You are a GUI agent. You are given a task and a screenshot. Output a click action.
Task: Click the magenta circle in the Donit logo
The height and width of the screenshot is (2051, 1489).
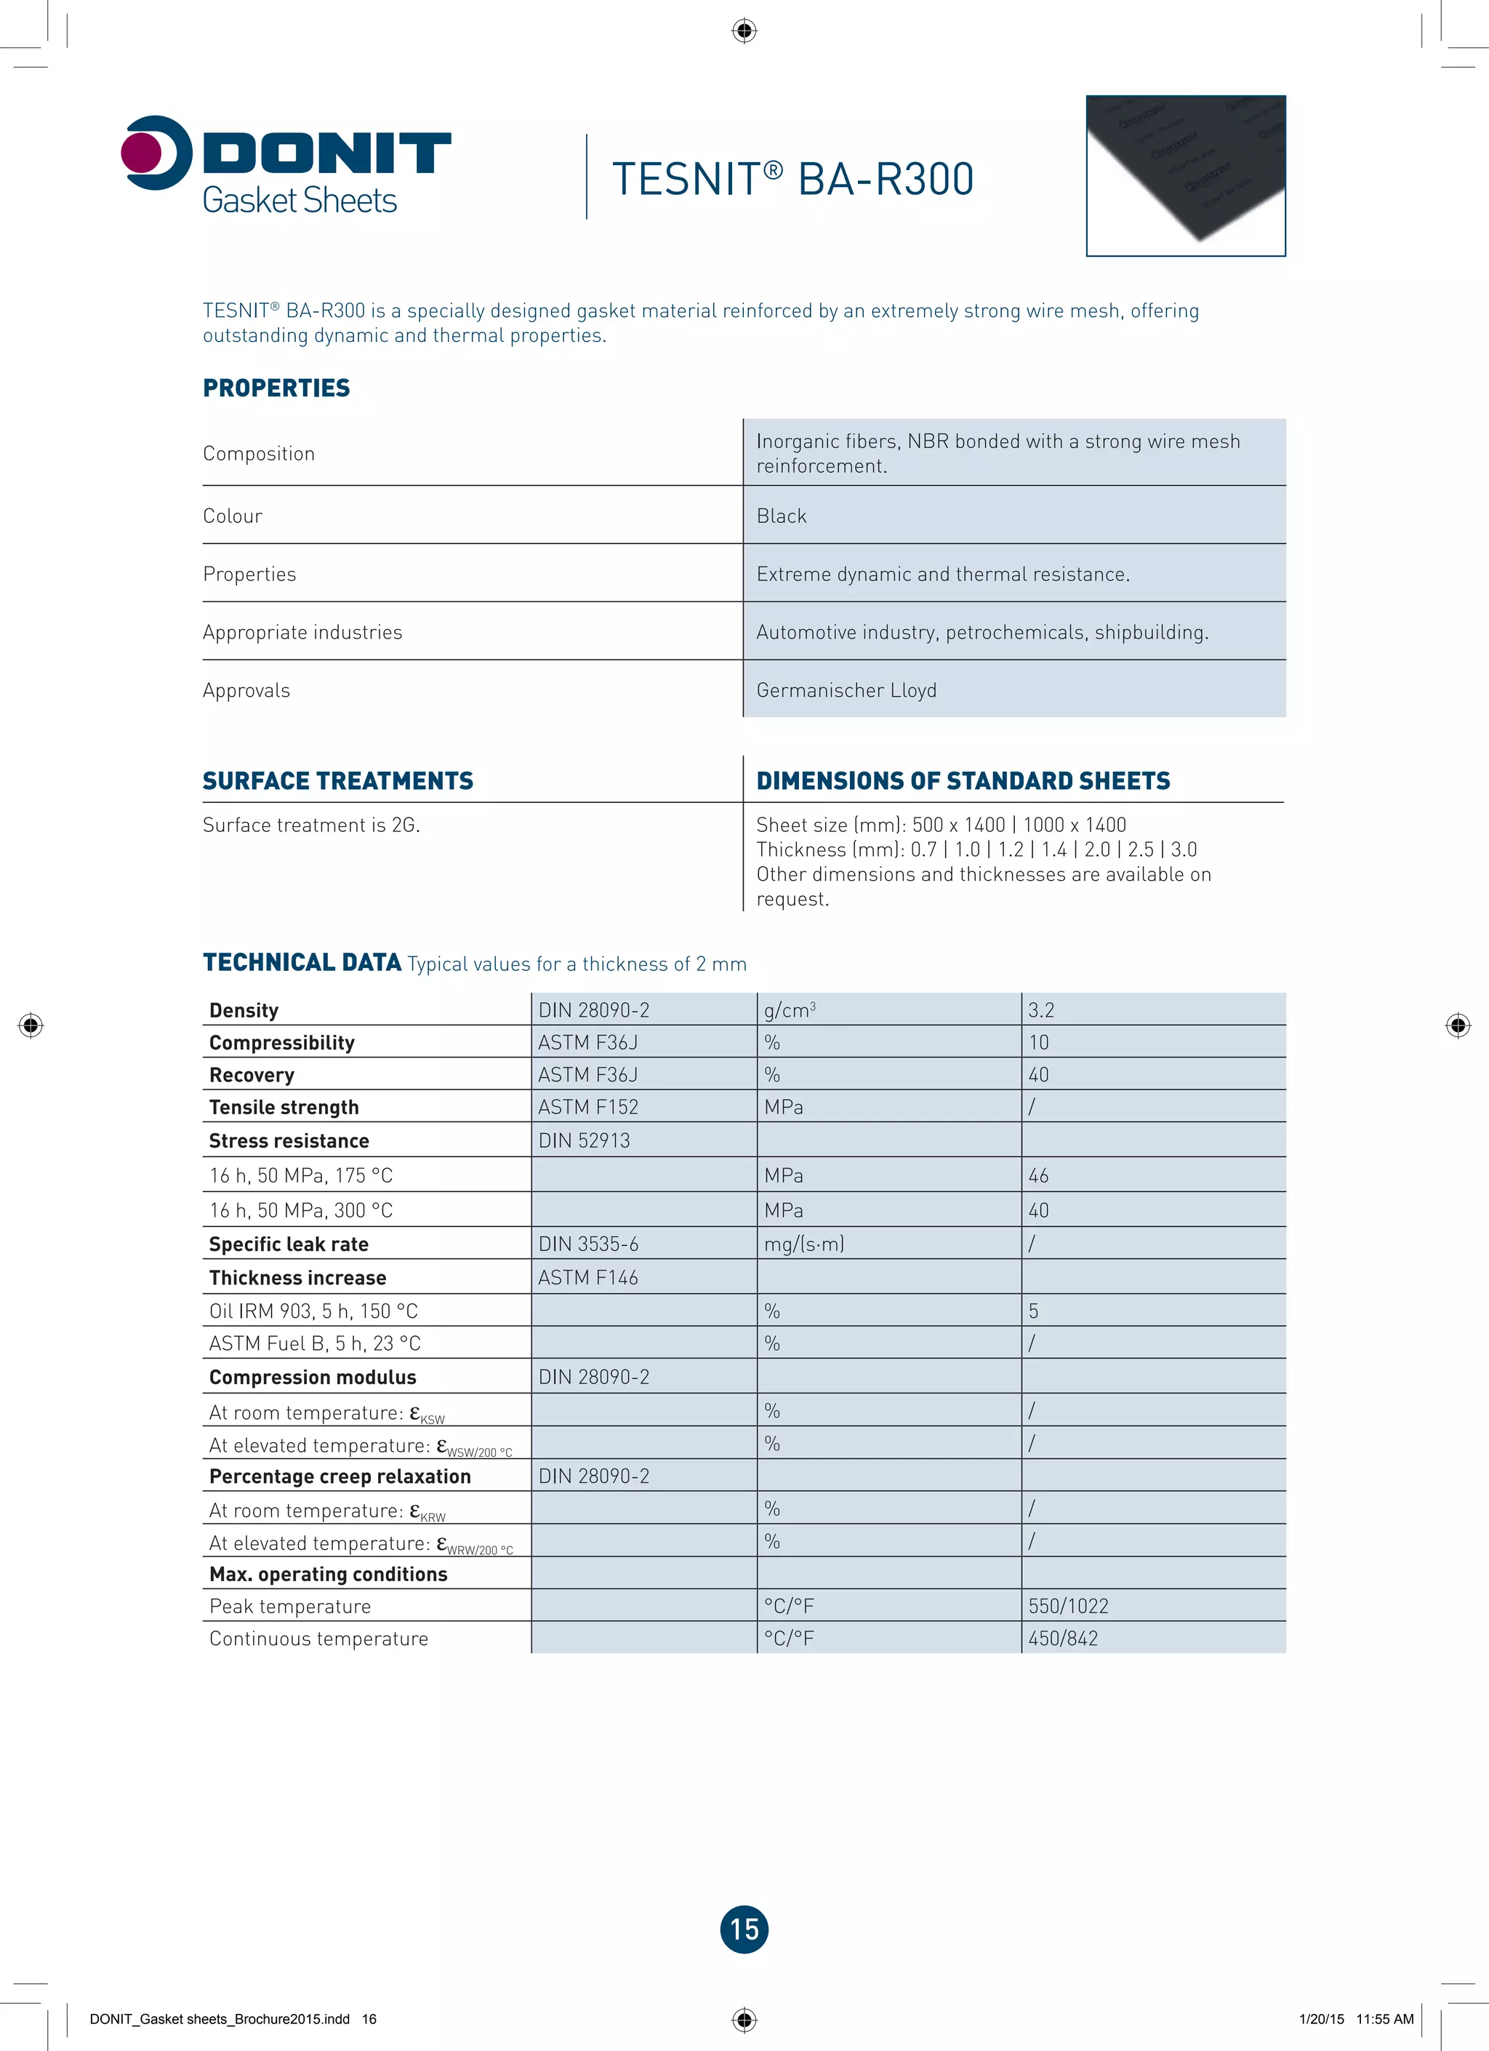point(141,152)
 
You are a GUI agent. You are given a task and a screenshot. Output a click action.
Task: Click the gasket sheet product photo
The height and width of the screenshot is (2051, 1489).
point(1185,175)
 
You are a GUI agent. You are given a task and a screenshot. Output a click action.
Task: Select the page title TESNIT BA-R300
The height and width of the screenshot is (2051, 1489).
point(793,179)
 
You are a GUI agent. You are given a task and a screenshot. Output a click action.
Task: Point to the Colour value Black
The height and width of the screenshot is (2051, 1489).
point(781,516)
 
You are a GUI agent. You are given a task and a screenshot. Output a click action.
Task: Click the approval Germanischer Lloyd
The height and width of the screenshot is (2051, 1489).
point(846,690)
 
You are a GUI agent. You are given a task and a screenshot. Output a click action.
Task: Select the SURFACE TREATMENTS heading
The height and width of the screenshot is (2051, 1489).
point(337,780)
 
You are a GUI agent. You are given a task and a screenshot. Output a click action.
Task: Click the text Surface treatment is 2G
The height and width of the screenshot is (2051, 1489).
point(311,825)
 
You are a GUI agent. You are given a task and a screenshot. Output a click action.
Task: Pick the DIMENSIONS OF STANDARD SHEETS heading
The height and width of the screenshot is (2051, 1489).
point(963,780)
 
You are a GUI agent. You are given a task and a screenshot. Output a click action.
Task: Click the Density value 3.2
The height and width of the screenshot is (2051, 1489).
point(1041,1010)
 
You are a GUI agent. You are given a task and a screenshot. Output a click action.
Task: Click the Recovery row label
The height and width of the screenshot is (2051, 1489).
point(252,1075)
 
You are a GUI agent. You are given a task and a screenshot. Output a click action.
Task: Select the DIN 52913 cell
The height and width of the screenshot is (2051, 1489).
point(584,1140)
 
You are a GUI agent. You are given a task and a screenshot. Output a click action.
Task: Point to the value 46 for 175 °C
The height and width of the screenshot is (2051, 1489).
point(1039,1175)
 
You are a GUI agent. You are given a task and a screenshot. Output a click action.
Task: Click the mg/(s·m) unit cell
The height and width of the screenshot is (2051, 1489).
point(803,1244)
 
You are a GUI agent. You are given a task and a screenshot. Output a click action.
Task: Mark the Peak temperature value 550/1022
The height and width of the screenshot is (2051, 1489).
point(1068,1606)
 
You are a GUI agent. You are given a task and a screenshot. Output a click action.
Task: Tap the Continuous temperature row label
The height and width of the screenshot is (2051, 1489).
point(318,1639)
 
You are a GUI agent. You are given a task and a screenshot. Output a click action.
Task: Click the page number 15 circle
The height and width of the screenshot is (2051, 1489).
point(744,1929)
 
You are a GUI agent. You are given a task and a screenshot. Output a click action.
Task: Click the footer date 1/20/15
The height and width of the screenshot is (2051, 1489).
point(1321,2018)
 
